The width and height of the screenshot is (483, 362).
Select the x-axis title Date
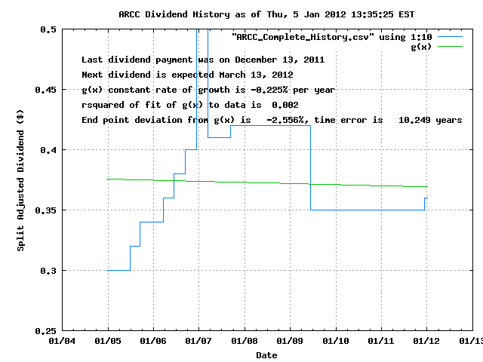coord(266,354)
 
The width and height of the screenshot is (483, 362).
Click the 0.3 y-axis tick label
coord(48,271)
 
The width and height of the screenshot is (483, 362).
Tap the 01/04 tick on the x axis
coord(62,341)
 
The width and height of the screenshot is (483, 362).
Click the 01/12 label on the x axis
coord(426,341)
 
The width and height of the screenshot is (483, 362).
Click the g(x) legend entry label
coord(421,46)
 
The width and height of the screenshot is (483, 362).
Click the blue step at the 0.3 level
coord(118,270)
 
